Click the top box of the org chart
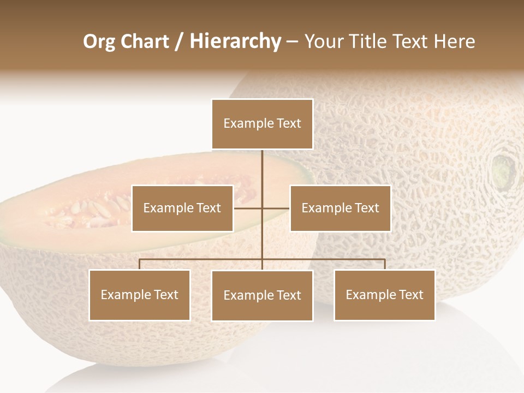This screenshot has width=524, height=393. click(x=262, y=124)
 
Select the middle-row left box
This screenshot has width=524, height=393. click(x=182, y=208)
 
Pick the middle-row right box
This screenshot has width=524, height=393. click(x=340, y=208)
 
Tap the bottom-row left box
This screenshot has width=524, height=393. click(x=140, y=295)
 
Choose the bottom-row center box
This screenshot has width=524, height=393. click(x=262, y=295)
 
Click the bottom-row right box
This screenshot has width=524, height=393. click(x=384, y=295)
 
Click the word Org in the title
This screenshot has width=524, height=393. click(x=99, y=42)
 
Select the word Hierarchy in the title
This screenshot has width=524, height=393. click(x=235, y=42)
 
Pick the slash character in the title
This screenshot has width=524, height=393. click(x=178, y=42)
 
